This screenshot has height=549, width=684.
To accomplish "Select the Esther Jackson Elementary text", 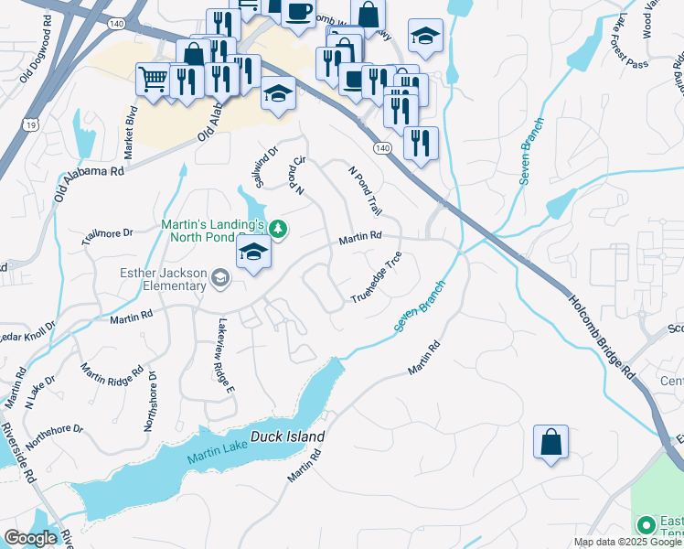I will (164, 279).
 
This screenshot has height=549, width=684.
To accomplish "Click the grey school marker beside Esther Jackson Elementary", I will (219, 277).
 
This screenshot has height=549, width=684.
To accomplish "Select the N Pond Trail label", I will (365, 190).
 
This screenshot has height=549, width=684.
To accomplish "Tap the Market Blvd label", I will (131, 128).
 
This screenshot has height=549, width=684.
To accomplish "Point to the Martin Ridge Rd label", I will (112, 385).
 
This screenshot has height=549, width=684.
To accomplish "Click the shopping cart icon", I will (153, 77).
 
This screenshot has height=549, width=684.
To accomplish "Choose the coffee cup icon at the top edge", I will (298, 11).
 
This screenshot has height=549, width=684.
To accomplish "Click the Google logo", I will (29, 538).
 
